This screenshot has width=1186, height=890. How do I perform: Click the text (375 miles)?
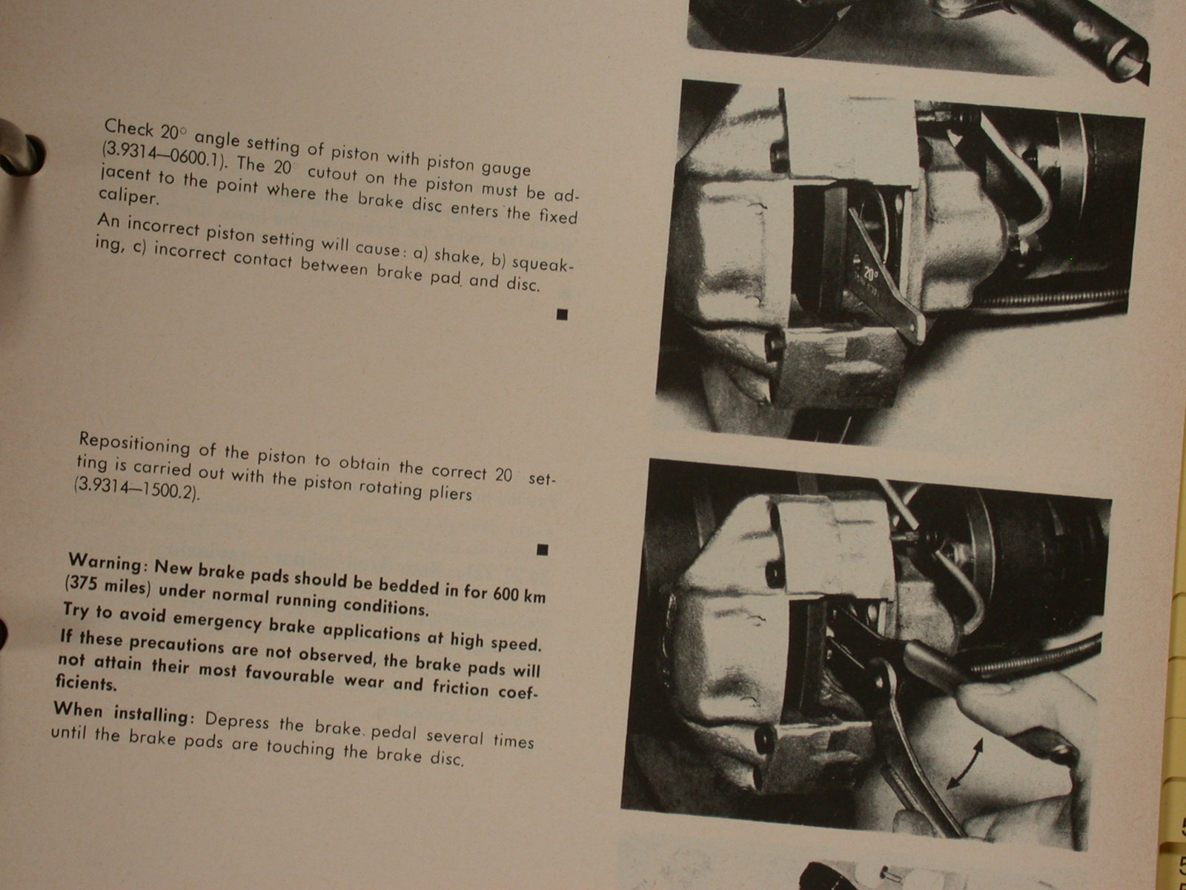(107, 587)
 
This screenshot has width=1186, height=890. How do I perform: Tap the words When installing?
(123, 713)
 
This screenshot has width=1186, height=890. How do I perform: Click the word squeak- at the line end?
(543, 264)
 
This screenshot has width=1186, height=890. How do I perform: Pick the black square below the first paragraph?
(562, 314)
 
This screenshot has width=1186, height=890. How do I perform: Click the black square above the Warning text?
(543, 550)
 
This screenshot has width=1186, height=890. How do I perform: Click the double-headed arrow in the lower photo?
(964, 764)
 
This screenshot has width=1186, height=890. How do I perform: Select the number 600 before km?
(505, 593)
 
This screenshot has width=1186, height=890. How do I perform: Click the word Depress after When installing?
(236, 719)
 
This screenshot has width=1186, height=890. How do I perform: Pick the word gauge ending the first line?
(506, 168)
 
